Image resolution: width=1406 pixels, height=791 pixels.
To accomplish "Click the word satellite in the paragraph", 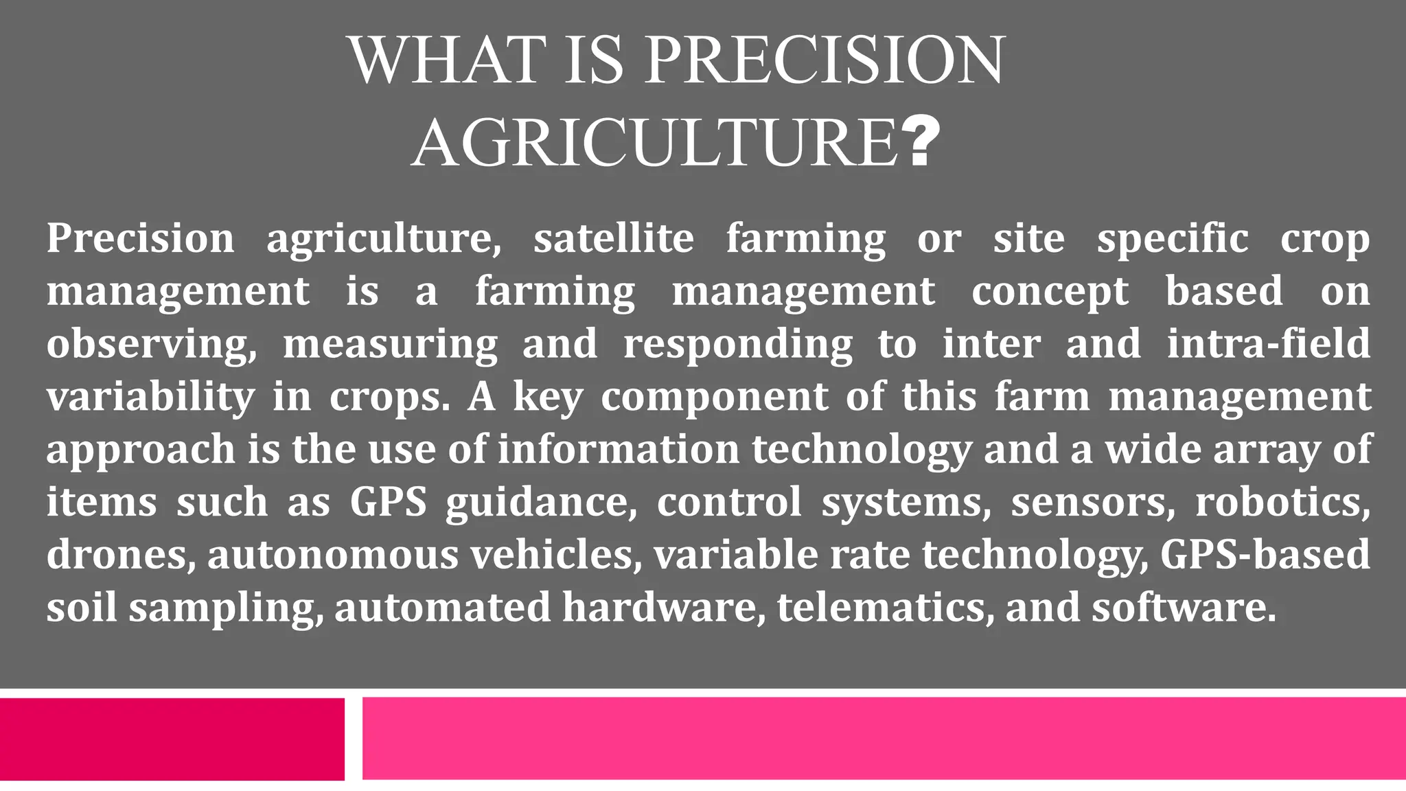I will click(x=614, y=238).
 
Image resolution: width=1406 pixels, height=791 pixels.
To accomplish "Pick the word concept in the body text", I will click(x=1050, y=291).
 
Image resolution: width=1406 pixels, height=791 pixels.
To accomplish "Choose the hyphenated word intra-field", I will click(x=1268, y=344).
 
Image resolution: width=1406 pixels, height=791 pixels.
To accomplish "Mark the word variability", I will click(x=150, y=397).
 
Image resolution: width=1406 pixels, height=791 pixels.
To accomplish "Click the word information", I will click(x=619, y=450).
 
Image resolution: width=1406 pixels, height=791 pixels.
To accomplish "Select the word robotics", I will click(x=1282, y=503).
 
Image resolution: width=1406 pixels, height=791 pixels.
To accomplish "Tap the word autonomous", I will click(x=333, y=555).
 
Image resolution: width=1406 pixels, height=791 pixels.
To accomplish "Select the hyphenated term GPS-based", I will click(x=1265, y=555).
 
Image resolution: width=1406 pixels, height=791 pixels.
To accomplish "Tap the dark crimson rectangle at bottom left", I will click(x=172, y=739).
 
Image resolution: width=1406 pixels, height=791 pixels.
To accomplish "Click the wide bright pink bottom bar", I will click(x=884, y=739).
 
